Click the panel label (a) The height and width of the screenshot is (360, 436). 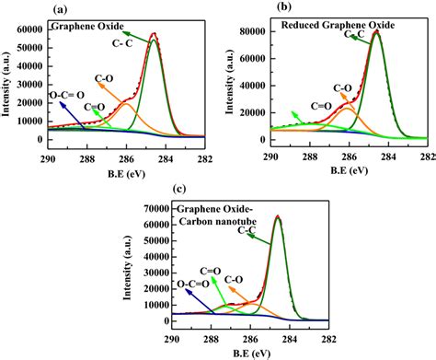point(59,8)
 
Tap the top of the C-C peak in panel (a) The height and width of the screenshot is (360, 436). point(154,34)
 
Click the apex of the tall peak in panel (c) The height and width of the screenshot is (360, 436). point(278,216)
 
